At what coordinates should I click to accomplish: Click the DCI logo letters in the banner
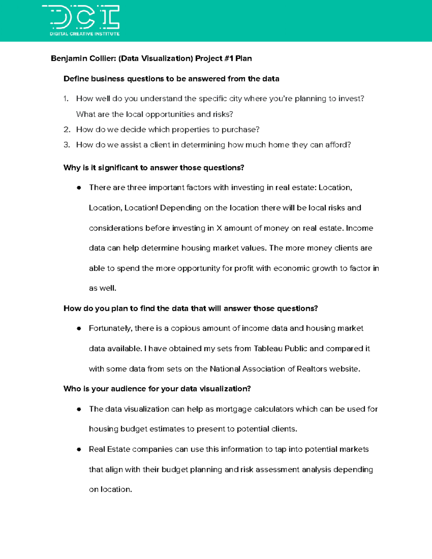tap(85, 17)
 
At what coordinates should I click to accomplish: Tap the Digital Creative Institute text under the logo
tap(85, 34)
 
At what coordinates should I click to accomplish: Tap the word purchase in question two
tap(240, 130)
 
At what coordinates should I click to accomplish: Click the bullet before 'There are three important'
tap(79, 188)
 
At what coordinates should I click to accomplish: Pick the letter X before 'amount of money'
tap(219, 228)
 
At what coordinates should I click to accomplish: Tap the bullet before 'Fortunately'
tap(79, 329)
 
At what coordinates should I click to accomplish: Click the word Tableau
tap(268, 349)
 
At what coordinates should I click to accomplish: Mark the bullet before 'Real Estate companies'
tap(79, 450)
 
